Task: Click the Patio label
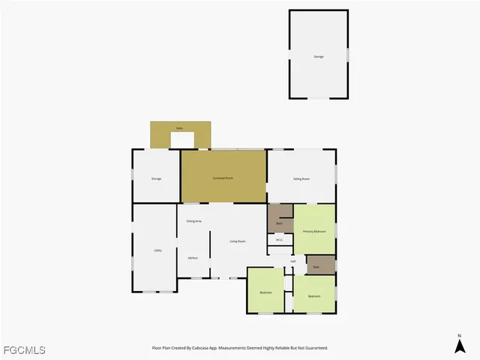coord(180,128)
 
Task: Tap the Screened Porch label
coord(223,178)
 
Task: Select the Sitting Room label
coord(301,178)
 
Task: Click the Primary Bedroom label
coord(314,231)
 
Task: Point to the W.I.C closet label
coord(279,240)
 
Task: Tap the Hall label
coord(293,261)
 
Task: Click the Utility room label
coord(158,250)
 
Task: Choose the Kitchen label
coord(193,258)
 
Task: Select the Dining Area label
coord(193,221)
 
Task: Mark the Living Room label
coord(238,241)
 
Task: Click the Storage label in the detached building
coord(319,57)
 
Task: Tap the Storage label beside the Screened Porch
coord(156,178)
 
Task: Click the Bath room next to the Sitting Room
coord(280,223)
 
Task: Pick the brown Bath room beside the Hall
coord(316,267)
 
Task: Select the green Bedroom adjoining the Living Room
coord(265,292)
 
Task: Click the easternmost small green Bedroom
coord(314,296)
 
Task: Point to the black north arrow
coord(460,346)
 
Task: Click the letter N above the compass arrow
coord(460,335)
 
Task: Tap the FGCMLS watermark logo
coord(24,350)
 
